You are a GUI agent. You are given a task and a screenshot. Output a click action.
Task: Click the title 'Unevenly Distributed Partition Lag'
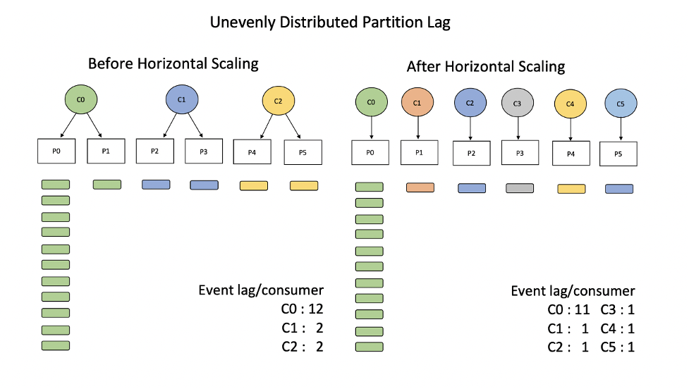[330, 22]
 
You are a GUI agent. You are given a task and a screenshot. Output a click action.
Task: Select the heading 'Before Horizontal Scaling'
[173, 63]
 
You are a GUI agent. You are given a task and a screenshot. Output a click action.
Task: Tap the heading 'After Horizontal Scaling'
[486, 67]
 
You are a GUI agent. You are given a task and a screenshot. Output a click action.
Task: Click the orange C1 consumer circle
[417, 103]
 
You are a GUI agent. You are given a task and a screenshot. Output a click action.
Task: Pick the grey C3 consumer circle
[518, 103]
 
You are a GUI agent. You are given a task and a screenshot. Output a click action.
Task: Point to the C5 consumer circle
[621, 104]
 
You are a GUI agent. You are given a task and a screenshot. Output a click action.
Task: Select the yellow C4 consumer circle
[571, 104]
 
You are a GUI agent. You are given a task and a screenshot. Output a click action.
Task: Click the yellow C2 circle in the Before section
[278, 101]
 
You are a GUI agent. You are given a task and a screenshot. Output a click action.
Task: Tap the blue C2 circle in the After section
[470, 103]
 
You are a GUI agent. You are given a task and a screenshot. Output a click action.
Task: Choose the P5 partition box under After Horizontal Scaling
[618, 154]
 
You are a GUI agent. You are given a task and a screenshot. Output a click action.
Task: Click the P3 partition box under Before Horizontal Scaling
[204, 152]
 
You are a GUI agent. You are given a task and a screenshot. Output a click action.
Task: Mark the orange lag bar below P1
[420, 187]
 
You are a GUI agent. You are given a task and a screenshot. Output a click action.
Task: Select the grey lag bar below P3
[520, 188]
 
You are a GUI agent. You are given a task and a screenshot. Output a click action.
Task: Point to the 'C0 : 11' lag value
[569, 309]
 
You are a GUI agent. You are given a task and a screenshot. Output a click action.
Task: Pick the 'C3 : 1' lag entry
[618, 309]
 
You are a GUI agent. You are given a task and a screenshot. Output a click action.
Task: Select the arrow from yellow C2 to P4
[266, 127]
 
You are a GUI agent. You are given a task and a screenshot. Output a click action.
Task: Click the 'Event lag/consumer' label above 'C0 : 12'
[261, 290]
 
